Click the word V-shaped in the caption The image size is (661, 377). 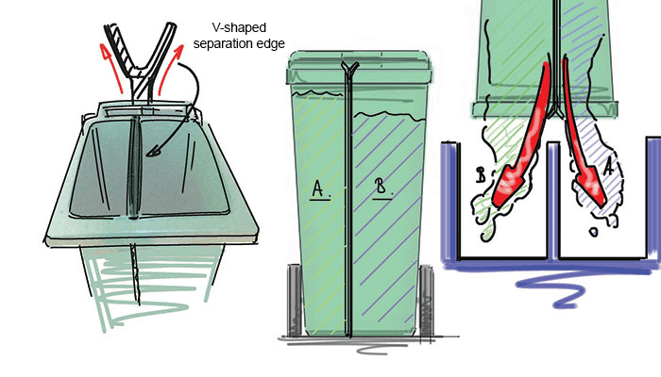point(239,28)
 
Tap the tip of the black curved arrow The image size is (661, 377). point(147,154)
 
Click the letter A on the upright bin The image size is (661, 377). point(319,188)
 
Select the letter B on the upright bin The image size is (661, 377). point(381,187)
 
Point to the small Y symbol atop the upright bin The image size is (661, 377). point(349,67)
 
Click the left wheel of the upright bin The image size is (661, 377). point(295,300)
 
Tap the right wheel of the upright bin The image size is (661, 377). point(426,301)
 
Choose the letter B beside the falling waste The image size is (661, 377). point(481,174)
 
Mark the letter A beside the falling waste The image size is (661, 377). point(607,167)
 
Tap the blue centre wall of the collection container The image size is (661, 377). point(553,200)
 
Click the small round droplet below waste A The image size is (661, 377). point(593,232)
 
